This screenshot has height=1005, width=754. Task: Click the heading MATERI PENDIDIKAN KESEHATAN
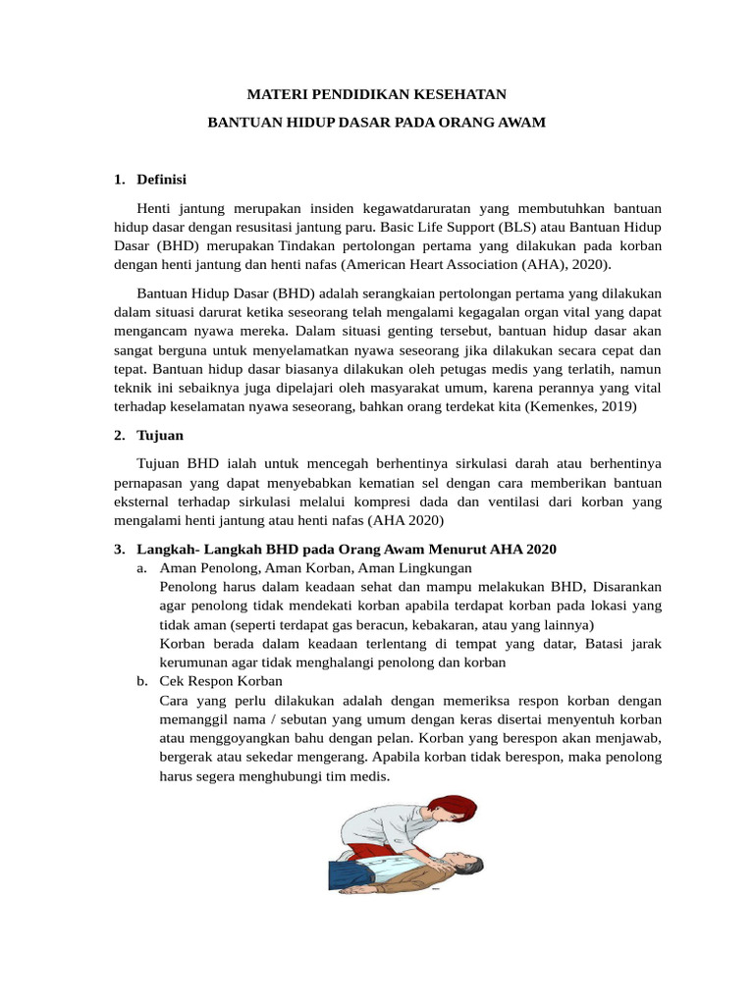(376, 95)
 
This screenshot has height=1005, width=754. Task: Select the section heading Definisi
(162, 180)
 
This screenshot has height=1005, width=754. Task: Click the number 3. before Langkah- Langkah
(120, 549)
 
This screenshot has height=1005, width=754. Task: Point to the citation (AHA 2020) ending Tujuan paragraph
(406, 519)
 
